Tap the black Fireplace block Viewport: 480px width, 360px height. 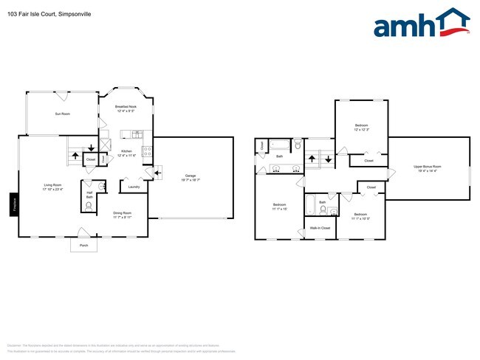[x=14, y=204]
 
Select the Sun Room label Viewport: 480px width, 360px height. [x=62, y=114]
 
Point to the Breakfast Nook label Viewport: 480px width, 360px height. [x=126, y=107]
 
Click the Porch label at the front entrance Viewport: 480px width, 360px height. [x=83, y=245]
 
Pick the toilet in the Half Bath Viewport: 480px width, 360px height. [x=89, y=208]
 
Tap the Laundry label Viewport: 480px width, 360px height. [x=134, y=187]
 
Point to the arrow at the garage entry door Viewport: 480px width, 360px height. [x=158, y=173]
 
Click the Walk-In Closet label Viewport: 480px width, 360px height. [x=320, y=229]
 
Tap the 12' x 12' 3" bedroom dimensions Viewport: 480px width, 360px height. [x=361, y=130]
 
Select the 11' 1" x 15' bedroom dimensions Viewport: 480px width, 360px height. [x=279, y=209]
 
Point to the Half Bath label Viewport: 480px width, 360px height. [x=89, y=195]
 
